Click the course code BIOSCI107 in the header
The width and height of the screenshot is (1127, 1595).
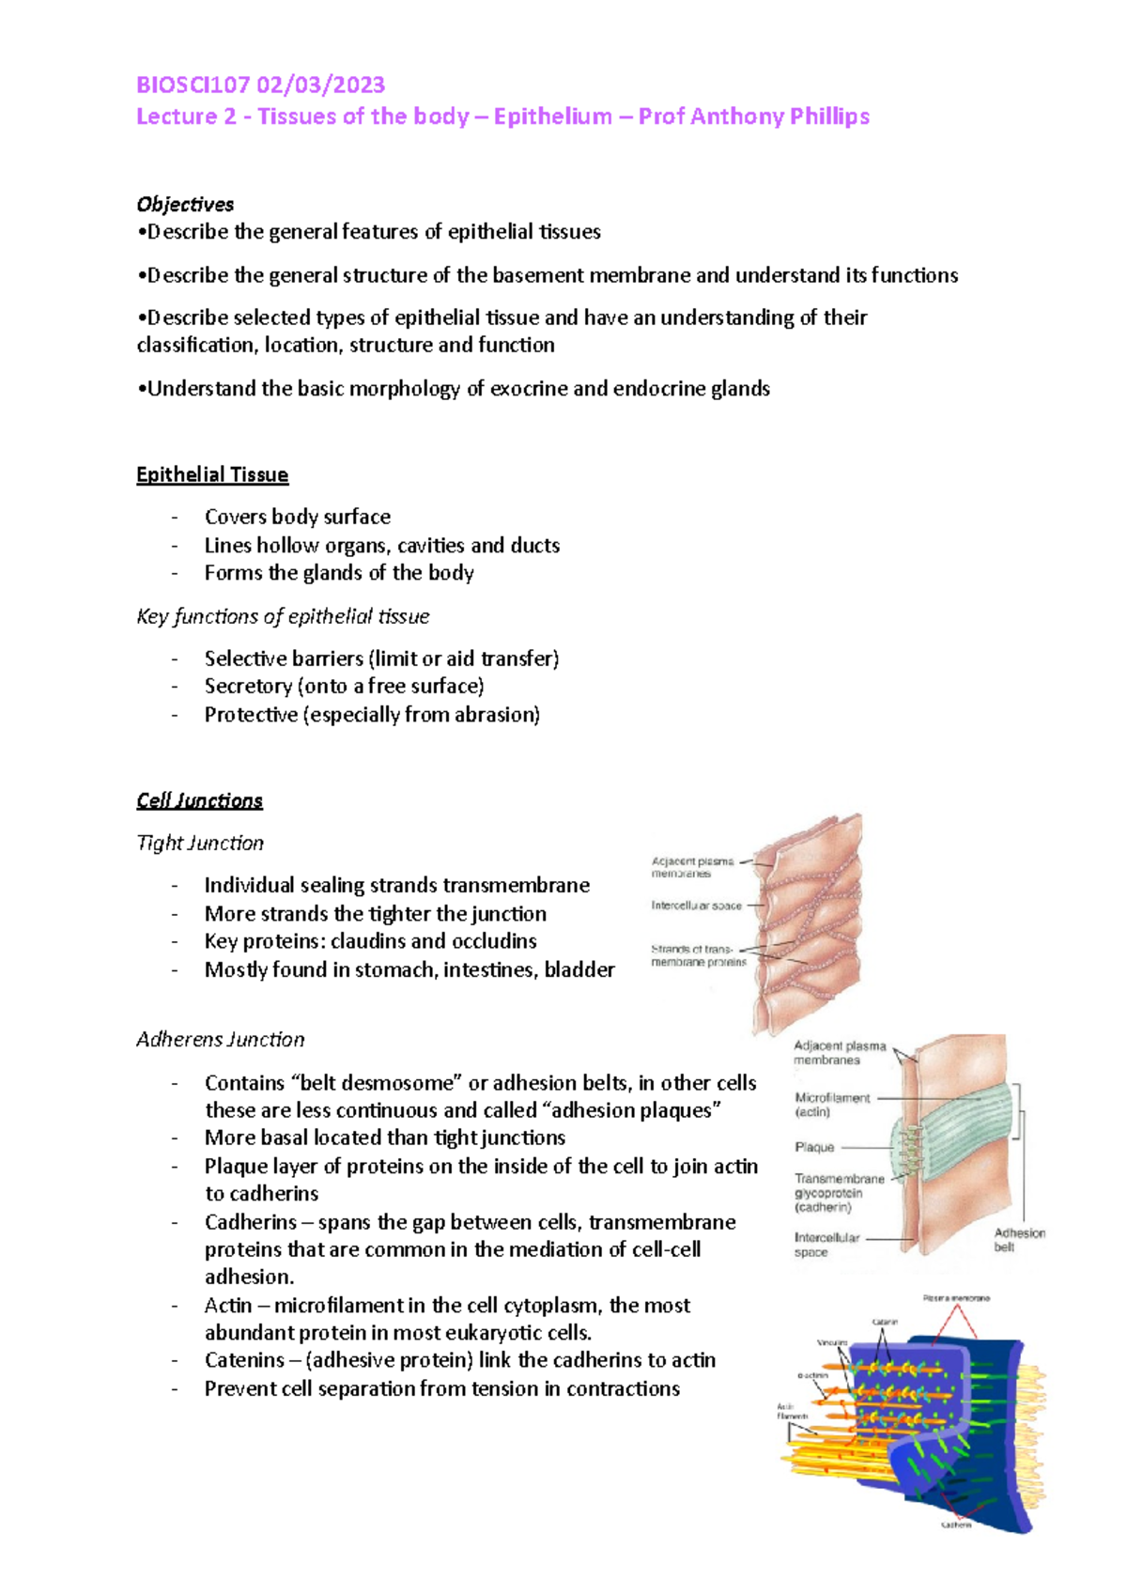tap(193, 85)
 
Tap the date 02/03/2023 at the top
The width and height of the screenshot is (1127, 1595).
tap(320, 85)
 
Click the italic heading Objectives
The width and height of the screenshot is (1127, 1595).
tap(185, 204)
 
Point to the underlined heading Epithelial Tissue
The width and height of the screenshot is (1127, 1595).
tap(212, 474)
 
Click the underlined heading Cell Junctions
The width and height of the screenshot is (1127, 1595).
tap(199, 800)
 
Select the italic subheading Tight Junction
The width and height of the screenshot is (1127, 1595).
tap(200, 843)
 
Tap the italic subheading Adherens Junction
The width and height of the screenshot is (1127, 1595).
tap(221, 1039)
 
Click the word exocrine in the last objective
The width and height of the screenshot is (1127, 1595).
tap(529, 389)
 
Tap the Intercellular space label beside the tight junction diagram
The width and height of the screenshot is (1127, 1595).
tap(696, 906)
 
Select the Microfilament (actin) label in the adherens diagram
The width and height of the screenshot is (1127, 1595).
tap(832, 1105)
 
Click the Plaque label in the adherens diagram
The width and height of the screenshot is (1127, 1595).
tap(814, 1147)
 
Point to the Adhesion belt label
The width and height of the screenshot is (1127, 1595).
tap(1019, 1240)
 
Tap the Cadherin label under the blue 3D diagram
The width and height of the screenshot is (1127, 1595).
tap(956, 1525)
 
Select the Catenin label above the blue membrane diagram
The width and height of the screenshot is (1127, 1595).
tap(885, 1322)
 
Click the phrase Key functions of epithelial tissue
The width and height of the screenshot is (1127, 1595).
tap(283, 616)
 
